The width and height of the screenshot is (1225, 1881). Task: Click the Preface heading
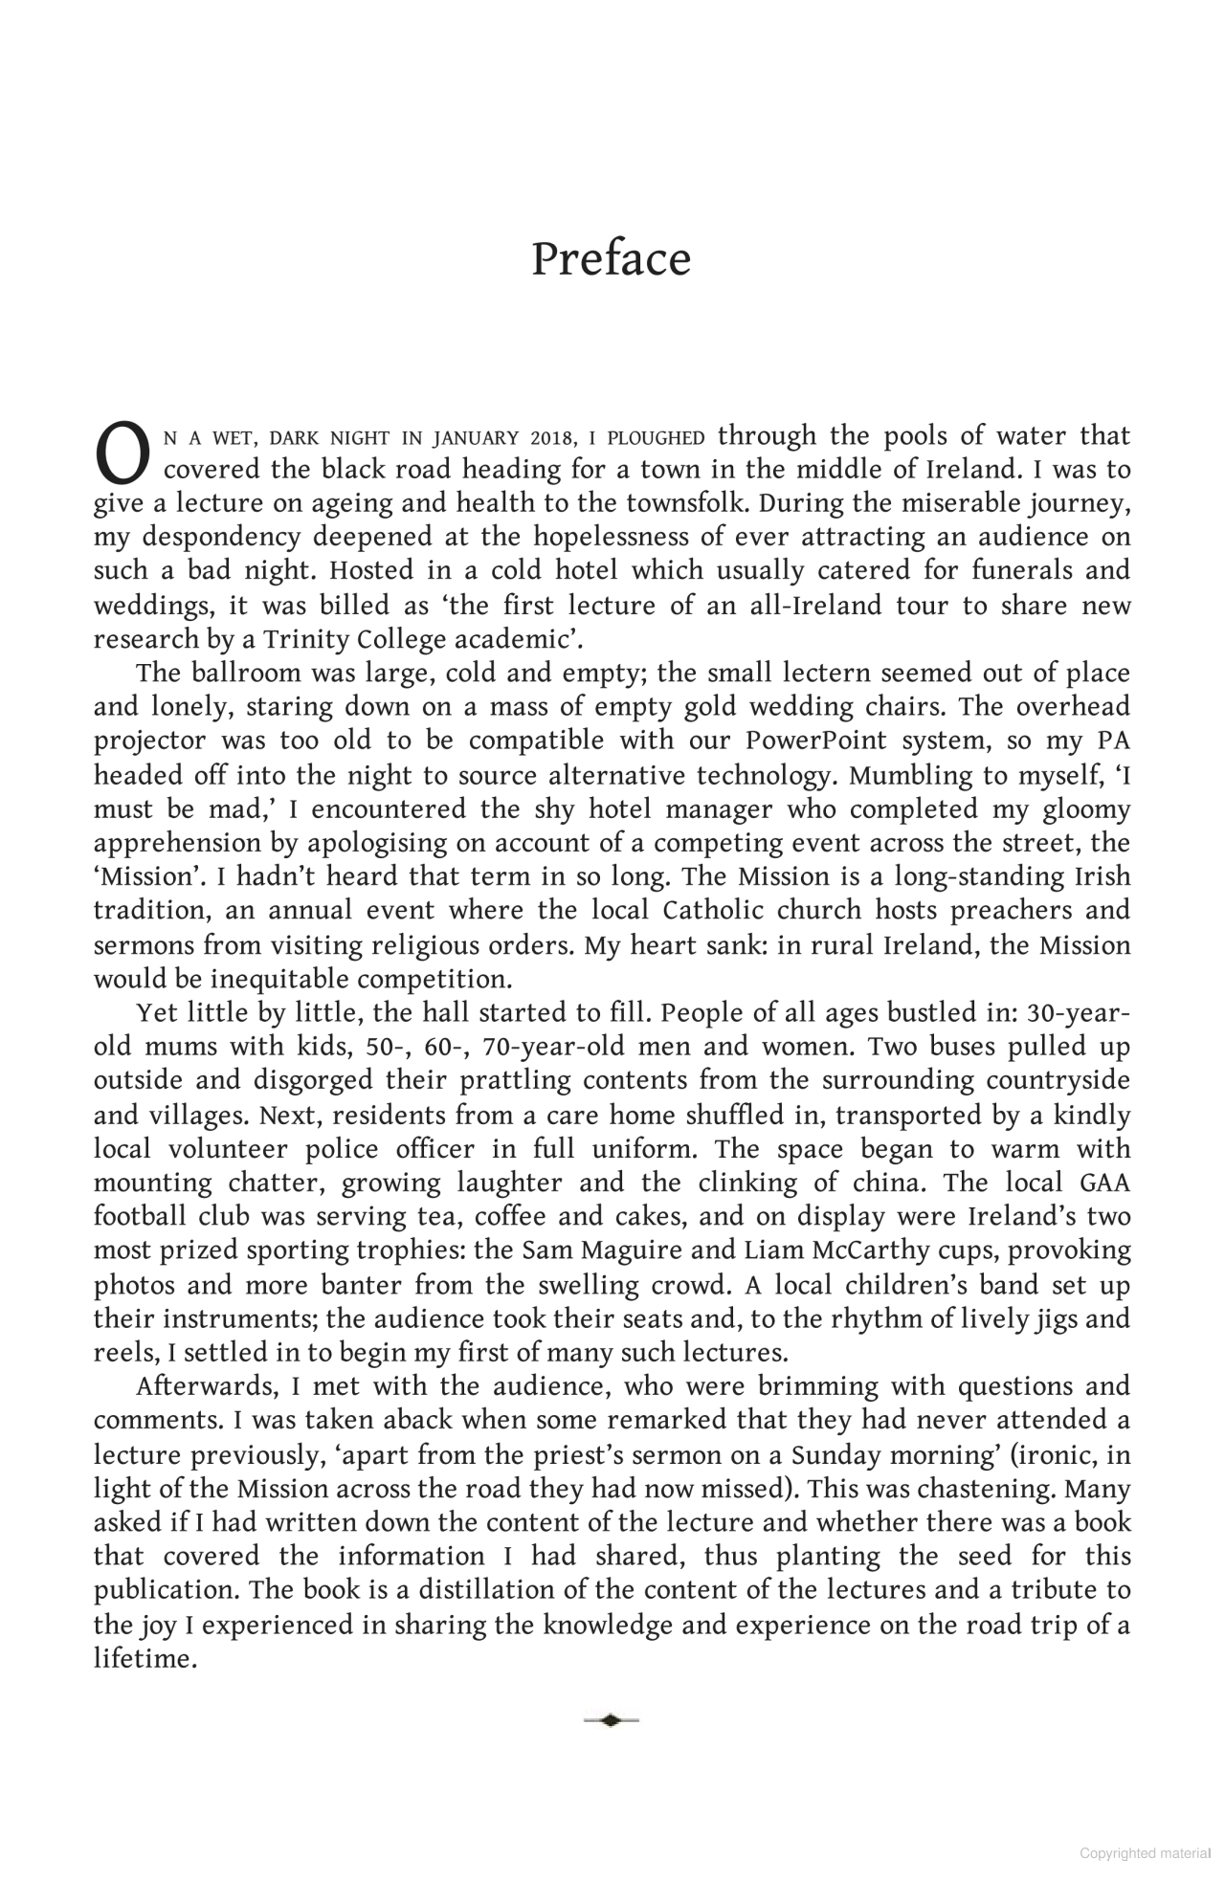click(611, 259)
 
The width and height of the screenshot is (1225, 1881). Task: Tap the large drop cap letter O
click(122, 454)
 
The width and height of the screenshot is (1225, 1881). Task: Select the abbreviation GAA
click(1104, 1184)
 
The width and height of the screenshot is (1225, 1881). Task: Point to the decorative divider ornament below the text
click(611, 1720)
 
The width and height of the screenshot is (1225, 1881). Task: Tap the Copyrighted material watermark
click(1145, 1853)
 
